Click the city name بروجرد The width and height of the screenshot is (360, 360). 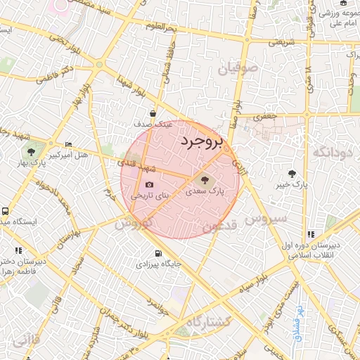[200, 143]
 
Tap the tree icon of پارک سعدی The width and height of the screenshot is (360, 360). [205, 179]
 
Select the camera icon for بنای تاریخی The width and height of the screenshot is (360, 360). [149, 184]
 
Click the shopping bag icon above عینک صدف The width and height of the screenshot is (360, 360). [153, 113]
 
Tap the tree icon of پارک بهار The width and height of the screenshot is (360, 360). [31, 153]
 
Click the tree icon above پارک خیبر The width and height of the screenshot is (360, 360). [292, 174]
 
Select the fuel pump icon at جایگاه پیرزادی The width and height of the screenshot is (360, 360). [157, 254]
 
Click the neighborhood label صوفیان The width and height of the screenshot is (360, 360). [239, 69]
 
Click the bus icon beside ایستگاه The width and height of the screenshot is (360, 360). [6, 210]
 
